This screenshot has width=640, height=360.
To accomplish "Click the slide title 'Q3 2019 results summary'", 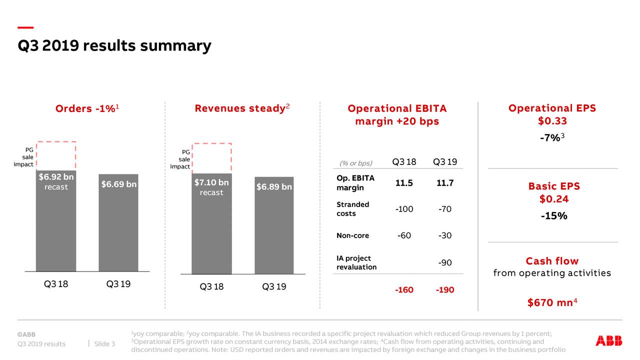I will tap(114, 46).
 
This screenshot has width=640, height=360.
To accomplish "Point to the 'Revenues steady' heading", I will tap(242, 108).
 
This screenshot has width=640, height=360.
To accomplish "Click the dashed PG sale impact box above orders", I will tap(56, 156).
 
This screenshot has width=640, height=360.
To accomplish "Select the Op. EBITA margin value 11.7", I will tap(444, 183).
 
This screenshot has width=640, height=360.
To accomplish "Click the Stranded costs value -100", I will tap(404, 209).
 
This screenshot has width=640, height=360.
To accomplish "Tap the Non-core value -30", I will tap(444, 235).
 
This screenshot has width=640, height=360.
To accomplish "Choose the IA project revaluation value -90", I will tap(444, 262).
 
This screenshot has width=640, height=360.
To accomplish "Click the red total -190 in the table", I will tap(444, 290).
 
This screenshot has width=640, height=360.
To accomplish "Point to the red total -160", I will tap(404, 290).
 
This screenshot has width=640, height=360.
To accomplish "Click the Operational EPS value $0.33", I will tap(552, 121).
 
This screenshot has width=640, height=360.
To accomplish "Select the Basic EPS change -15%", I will tap(553, 216).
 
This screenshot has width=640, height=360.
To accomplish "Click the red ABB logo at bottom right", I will tap(608, 341).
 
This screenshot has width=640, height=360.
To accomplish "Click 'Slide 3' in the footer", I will tap(104, 343).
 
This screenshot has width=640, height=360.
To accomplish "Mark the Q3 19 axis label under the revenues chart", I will tap(274, 287).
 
